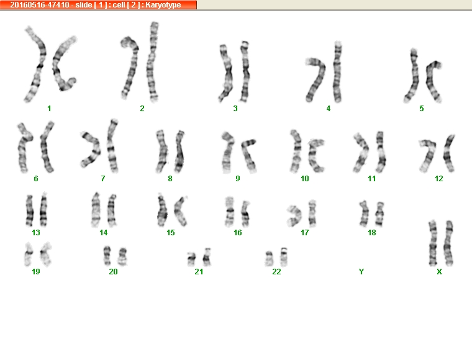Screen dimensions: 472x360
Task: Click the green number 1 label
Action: pyautogui.click(x=49, y=108)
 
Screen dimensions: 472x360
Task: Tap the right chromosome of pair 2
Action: pyautogui.click(x=153, y=61)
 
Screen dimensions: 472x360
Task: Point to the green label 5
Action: pyautogui.click(x=422, y=108)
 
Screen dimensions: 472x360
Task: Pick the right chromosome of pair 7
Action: pyautogui.click(x=112, y=146)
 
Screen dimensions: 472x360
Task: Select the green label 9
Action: pyautogui.click(x=238, y=179)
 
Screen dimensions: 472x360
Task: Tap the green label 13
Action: pyautogui.click(x=36, y=233)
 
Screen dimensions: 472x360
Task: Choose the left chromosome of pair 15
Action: pyautogui.click(x=162, y=210)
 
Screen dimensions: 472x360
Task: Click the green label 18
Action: pyautogui.click(x=372, y=233)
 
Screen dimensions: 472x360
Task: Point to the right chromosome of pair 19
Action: pyautogui.click(x=46, y=254)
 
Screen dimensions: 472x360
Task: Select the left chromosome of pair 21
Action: pyautogui.click(x=191, y=259)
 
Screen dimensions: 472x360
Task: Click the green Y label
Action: pyautogui.click(x=361, y=272)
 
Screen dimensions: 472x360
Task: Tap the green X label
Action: pyautogui.click(x=439, y=272)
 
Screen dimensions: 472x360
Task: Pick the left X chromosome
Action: pyautogui.click(x=433, y=243)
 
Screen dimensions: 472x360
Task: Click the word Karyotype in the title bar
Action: pyautogui.click(x=163, y=5)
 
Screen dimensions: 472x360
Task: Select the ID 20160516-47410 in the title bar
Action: pyautogui.click(x=40, y=5)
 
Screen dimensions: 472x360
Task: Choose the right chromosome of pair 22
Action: pyautogui.click(x=284, y=257)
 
